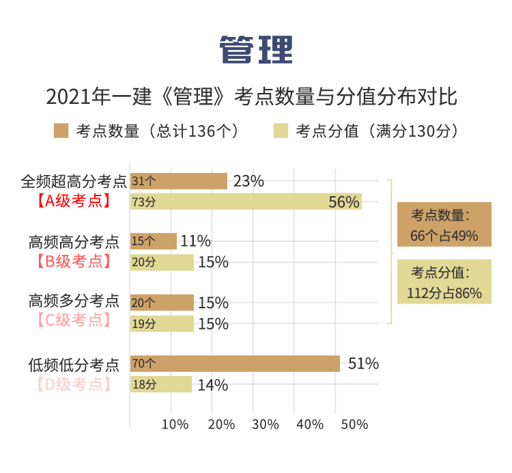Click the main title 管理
tap(256, 49)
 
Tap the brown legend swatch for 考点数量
tap(61, 131)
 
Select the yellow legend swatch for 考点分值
tap(281, 131)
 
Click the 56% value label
tap(343, 202)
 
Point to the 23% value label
tap(248, 181)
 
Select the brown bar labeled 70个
tap(235, 364)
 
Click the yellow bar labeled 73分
tap(246, 202)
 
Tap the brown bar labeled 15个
tap(154, 241)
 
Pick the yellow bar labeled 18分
tap(161, 385)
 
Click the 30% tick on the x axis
tap(266, 424)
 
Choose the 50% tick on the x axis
tap(354, 424)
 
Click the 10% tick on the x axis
tap(175, 424)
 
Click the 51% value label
tap(363, 364)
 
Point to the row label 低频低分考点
tap(74, 364)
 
